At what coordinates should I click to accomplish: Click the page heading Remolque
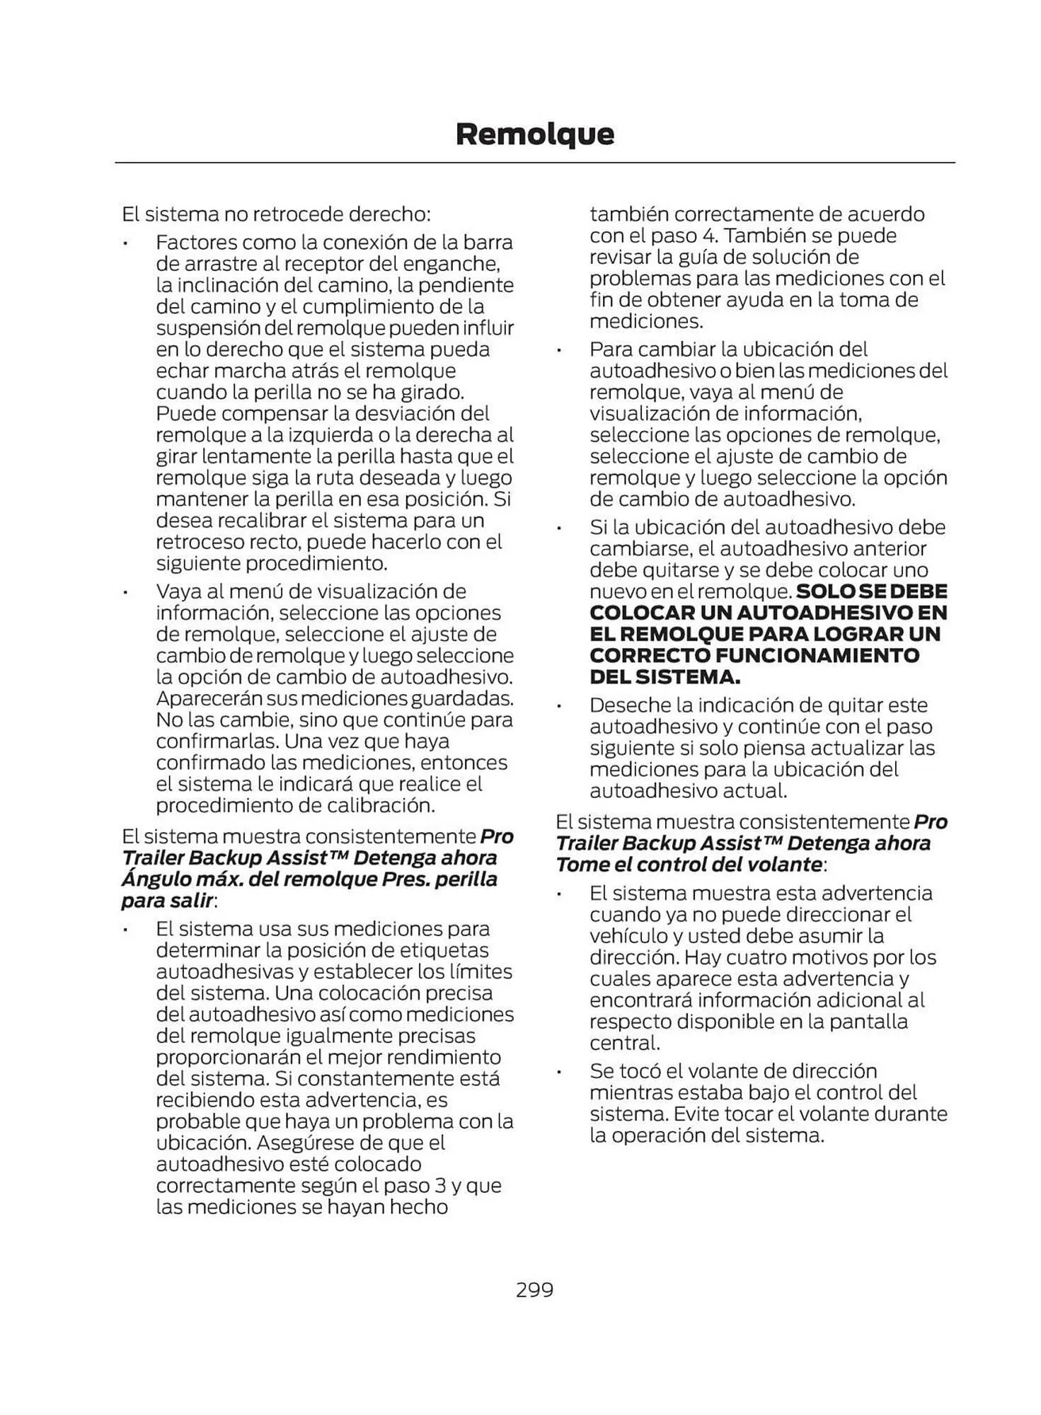tap(534, 134)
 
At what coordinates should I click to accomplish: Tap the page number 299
tap(534, 1290)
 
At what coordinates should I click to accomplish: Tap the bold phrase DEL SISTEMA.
tap(665, 677)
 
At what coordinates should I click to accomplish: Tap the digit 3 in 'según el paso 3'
tap(439, 1186)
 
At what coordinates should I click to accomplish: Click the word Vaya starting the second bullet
tap(179, 591)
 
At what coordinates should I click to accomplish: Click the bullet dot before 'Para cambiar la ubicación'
tap(558, 350)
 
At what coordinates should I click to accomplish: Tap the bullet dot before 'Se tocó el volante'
tap(558, 1072)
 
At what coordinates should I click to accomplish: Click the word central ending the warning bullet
tap(622, 1043)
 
